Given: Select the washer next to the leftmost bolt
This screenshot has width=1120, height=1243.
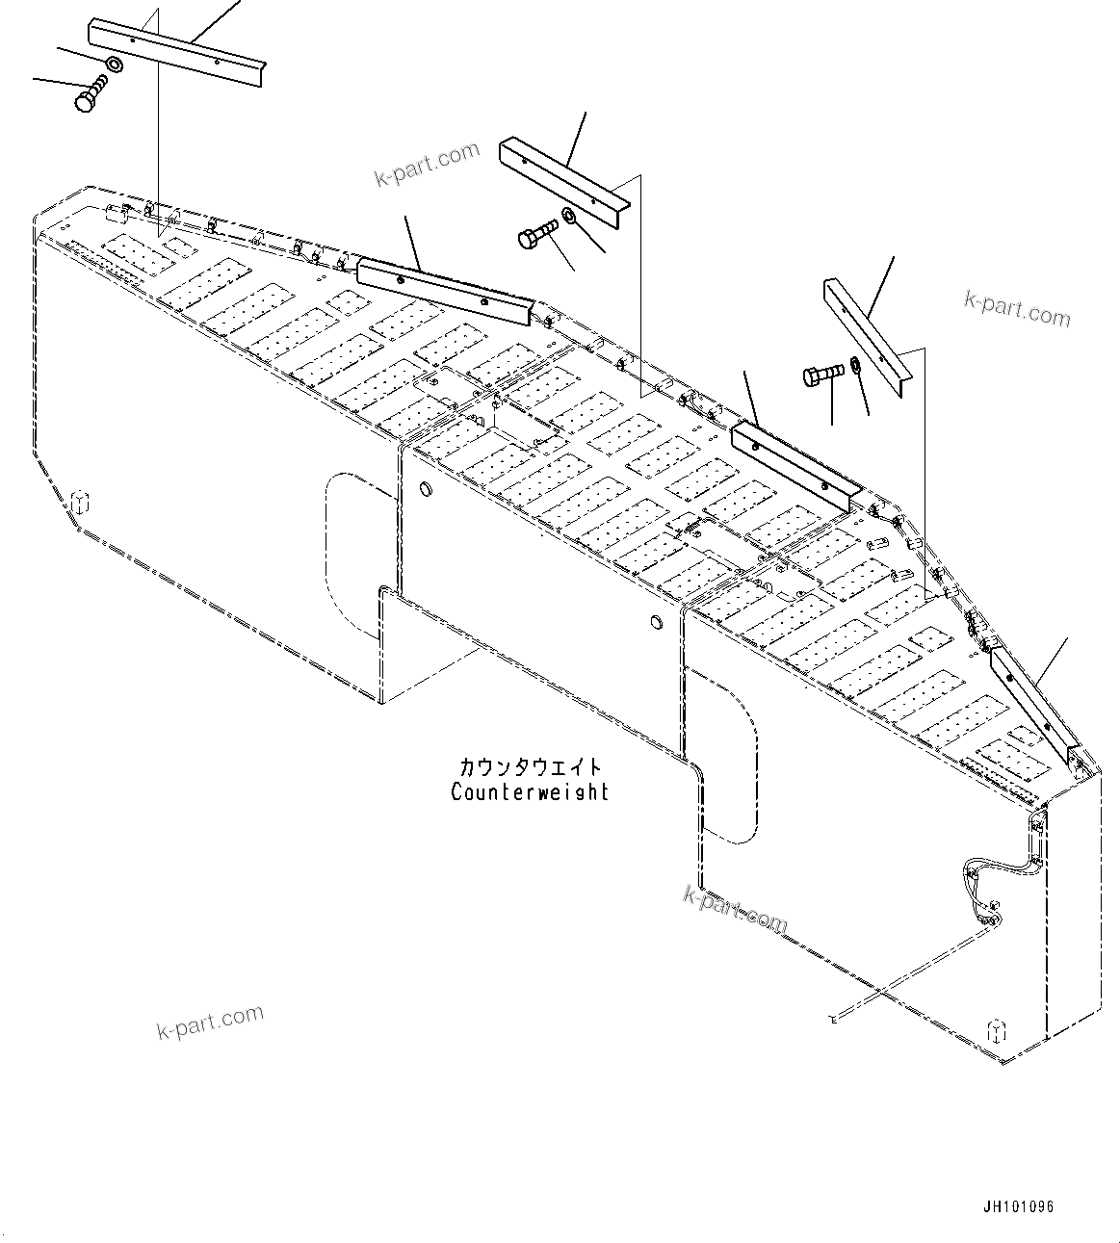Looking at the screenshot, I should pos(113,65).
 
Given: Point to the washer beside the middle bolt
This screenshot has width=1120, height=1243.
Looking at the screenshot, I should pos(569,215).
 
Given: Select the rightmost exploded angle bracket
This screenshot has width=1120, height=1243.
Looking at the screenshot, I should pos(867,332).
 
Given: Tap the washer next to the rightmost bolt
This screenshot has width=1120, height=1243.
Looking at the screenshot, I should pos(854,367).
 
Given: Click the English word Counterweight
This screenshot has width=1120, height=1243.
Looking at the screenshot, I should pos(530,792).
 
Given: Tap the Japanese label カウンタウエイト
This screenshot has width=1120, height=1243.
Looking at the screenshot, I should pos(531,767).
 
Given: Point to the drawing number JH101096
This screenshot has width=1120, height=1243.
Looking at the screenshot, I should pos(1019,1205).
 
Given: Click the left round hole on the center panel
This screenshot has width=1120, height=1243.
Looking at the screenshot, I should pos(421,490).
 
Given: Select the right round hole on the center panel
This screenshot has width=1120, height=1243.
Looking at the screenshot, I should pos(655,623).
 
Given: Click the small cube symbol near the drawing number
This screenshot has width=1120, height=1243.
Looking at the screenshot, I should pos(998,1030).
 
